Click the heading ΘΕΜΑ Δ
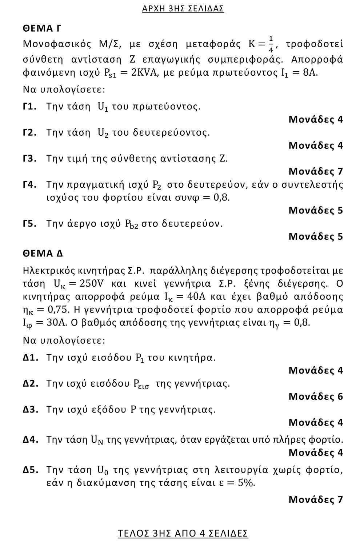tap(43, 253)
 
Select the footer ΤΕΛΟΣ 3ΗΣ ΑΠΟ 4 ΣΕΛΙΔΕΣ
tap(183, 533)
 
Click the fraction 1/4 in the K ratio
tap(271, 44)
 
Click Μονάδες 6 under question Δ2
tap(316, 396)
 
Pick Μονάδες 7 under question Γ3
tap(316, 171)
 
